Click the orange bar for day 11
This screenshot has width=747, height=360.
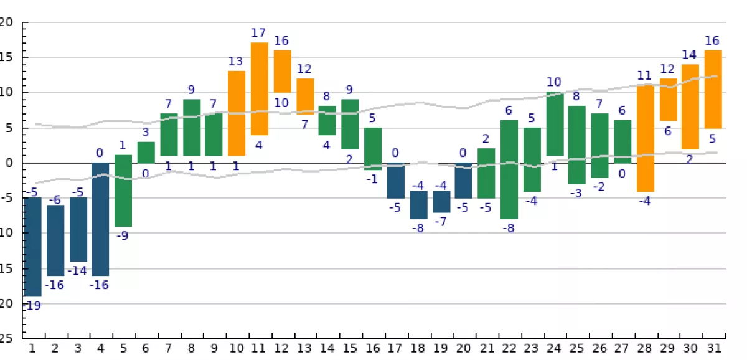click(x=260, y=88)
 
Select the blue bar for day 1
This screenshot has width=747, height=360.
click(x=32, y=247)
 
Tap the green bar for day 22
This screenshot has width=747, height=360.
click(x=509, y=169)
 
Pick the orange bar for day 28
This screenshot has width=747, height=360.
click(x=646, y=138)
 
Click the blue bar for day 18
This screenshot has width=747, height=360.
click(x=418, y=205)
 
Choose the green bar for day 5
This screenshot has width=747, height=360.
click(x=123, y=191)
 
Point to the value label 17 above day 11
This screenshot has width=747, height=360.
click(x=259, y=32)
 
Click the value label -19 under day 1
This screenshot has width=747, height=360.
click(x=32, y=306)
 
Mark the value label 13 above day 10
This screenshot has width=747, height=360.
click(x=236, y=61)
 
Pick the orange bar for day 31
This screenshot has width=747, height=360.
click(x=713, y=89)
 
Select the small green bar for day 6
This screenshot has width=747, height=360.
click(x=146, y=152)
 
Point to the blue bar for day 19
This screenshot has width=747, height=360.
click(x=441, y=202)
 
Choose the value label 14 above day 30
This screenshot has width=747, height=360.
click(x=690, y=54)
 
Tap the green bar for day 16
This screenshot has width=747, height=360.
click(x=373, y=148)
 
